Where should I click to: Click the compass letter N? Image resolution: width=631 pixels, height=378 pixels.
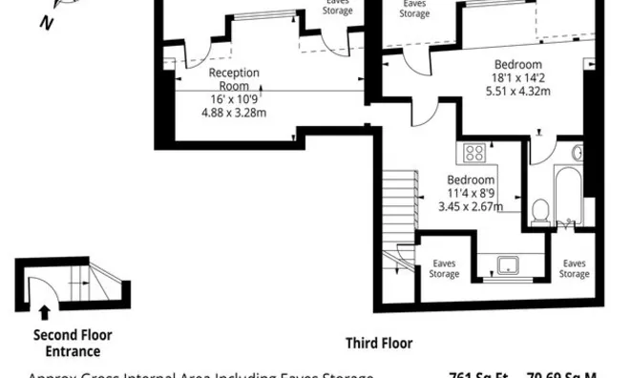click(45, 24)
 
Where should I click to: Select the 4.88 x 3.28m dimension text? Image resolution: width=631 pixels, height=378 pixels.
click(234, 112)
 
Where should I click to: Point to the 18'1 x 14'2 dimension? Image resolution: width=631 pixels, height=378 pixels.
click(520, 78)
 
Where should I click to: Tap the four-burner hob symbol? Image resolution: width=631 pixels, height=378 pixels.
click(473, 153)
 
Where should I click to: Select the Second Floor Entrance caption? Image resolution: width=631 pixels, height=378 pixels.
click(73, 343)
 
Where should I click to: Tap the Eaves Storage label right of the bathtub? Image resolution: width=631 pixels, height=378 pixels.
click(574, 268)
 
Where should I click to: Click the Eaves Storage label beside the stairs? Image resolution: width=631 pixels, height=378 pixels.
click(444, 268)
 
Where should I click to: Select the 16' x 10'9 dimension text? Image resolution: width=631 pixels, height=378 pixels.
click(234, 98)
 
